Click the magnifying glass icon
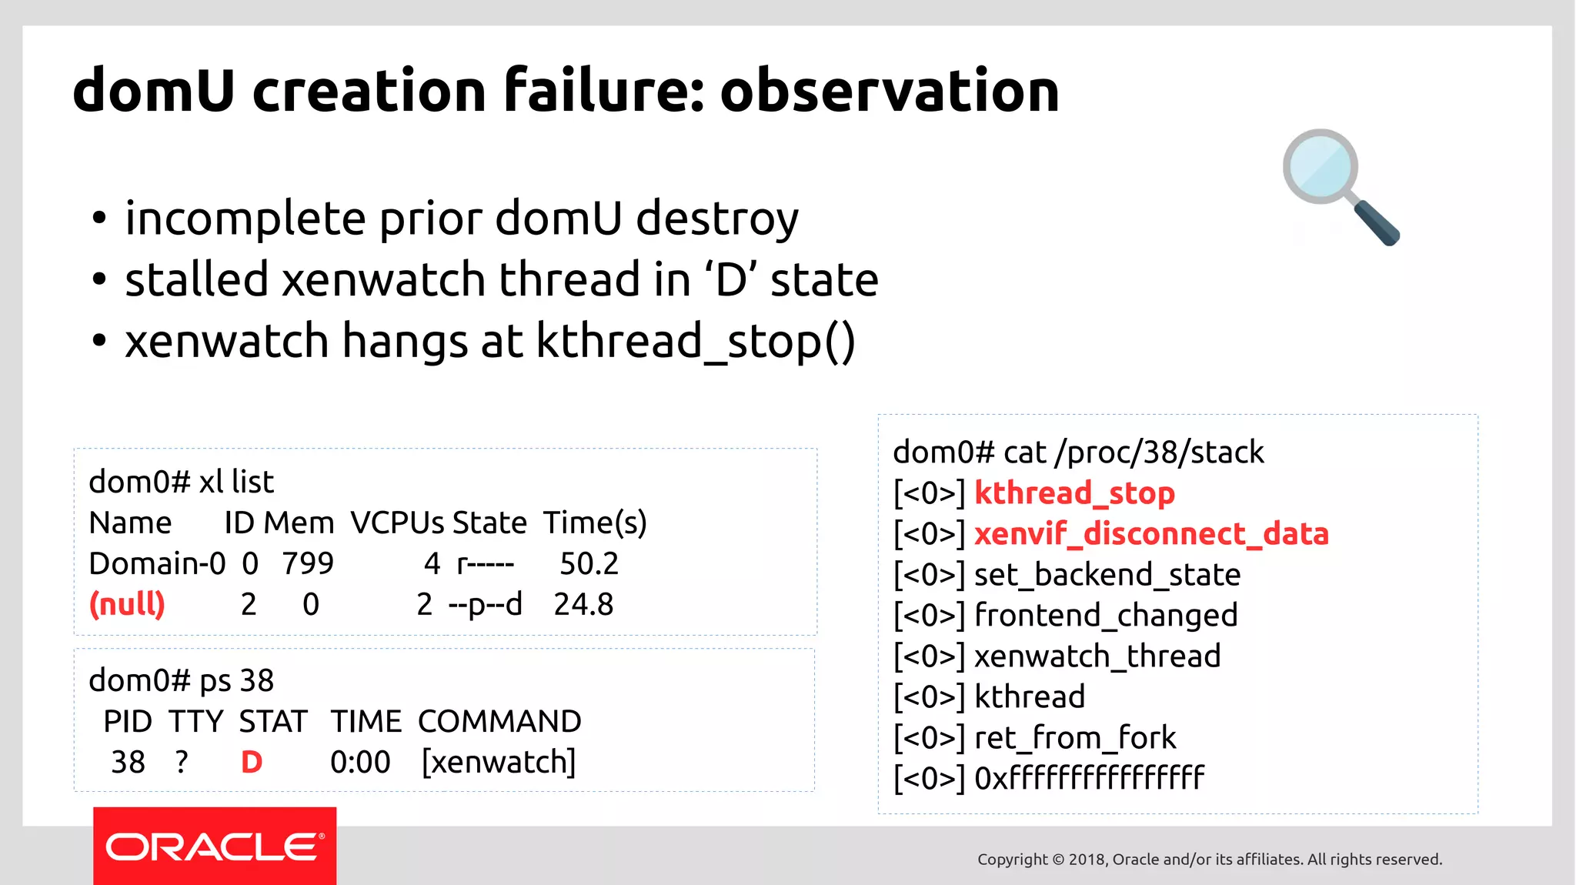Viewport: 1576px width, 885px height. (1340, 185)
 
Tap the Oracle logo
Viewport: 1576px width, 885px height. (215, 847)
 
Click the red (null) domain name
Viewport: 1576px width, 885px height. (128, 604)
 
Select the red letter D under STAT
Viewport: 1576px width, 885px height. (252, 762)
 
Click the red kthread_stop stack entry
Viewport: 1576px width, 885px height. (1074, 493)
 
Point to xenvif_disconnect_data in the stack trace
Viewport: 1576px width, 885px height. (1151, 534)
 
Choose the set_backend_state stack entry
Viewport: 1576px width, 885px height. (1107, 575)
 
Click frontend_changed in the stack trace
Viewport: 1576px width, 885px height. (1106, 616)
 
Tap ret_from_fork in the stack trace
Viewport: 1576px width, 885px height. (1075, 738)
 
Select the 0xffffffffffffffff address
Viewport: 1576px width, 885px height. (1089, 779)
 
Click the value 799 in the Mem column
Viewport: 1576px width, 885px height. (308, 563)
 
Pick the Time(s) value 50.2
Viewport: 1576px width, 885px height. (589, 563)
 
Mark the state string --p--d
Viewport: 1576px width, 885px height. (485, 604)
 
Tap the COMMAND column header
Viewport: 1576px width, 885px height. (499, 722)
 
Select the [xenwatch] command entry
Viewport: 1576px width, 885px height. (499, 762)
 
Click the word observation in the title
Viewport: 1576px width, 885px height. (890, 91)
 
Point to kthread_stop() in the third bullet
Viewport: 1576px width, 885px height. (696, 341)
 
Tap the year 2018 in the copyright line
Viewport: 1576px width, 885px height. (1087, 860)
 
